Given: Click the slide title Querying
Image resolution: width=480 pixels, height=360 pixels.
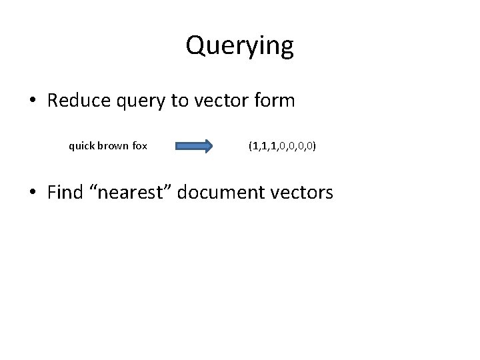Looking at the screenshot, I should [239, 46].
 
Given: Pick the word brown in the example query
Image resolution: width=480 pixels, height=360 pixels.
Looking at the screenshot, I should [113, 145].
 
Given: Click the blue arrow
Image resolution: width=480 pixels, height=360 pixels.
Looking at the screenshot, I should [193, 145].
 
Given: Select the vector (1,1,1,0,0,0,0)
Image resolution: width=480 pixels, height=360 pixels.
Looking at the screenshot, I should [282, 145].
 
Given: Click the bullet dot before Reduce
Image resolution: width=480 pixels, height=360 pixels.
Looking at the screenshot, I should [33, 102].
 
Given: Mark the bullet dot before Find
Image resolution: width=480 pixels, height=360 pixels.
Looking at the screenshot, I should [33, 194].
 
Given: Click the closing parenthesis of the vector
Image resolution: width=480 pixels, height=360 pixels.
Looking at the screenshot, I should [315, 145].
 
